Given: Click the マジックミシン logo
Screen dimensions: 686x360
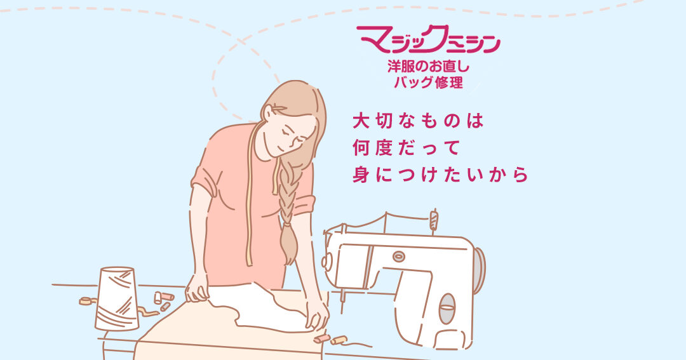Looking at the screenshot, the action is coord(428,39).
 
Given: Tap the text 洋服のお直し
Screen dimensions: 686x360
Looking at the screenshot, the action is coord(428,67).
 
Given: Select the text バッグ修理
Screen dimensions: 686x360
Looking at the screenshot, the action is coord(428,83).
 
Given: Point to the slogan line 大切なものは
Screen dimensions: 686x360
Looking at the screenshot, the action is coord(418,121).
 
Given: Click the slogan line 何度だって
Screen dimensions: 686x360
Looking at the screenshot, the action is coord(405,149).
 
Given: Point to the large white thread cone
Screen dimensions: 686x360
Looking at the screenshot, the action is coord(116,298).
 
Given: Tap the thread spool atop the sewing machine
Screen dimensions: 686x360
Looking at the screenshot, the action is coord(434,220).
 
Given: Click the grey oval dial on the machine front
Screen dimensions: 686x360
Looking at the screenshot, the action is coord(447,309).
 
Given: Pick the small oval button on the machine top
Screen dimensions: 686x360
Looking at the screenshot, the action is coord(398,257).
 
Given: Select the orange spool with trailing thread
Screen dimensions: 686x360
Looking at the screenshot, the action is coord(339,340).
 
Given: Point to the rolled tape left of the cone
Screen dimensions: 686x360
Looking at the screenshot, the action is coord(88,301).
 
